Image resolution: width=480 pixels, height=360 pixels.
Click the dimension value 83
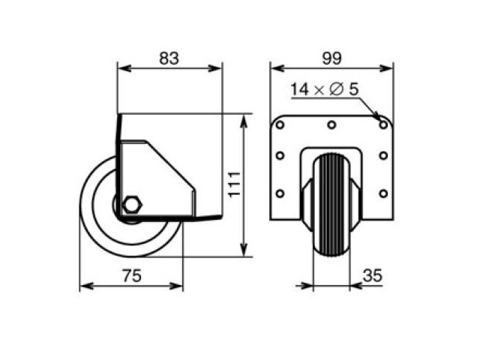click(x=169, y=58)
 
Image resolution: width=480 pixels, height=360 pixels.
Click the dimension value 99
click(x=331, y=58)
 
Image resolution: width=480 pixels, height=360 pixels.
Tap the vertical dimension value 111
click(x=235, y=184)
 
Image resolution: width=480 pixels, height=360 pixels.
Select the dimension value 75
click(x=132, y=275)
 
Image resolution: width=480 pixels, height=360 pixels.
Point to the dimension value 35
click(x=373, y=275)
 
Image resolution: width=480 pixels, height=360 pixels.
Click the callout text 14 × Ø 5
click(x=324, y=89)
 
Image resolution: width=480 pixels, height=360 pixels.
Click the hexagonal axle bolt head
click(x=132, y=204)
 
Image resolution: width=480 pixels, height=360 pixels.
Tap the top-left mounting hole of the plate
click(x=280, y=125)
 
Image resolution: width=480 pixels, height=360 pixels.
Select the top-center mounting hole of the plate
click(x=331, y=125)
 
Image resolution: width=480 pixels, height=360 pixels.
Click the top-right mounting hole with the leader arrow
click(x=383, y=125)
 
